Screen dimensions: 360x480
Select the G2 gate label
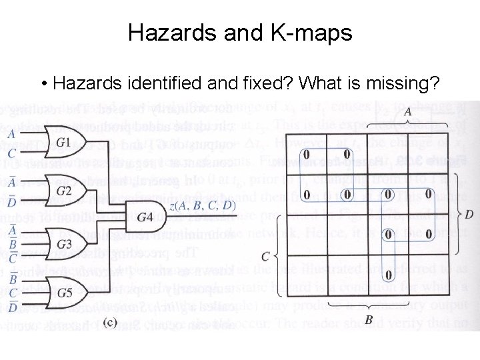click(63, 191)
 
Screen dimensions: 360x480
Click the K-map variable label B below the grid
click(369, 319)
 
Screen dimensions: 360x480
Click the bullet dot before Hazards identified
click(43, 84)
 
